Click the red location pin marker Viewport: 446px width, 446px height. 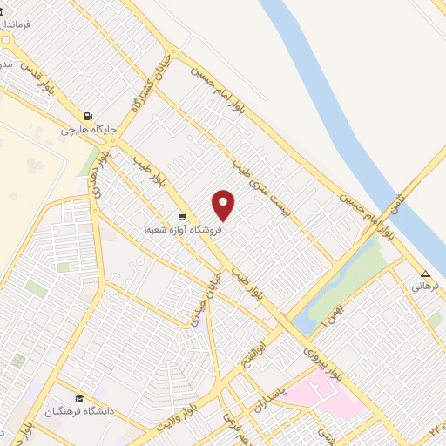pyautogui.click(x=224, y=205)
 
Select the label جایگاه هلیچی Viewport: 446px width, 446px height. pyautogui.click(x=84, y=131)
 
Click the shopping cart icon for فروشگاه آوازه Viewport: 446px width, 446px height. pyautogui.click(x=181, y=216)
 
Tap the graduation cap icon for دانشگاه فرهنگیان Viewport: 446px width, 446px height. pyautogui.click(x=80, y=397)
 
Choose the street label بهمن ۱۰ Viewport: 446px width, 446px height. pyautogui.click(x=314, y=312)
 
